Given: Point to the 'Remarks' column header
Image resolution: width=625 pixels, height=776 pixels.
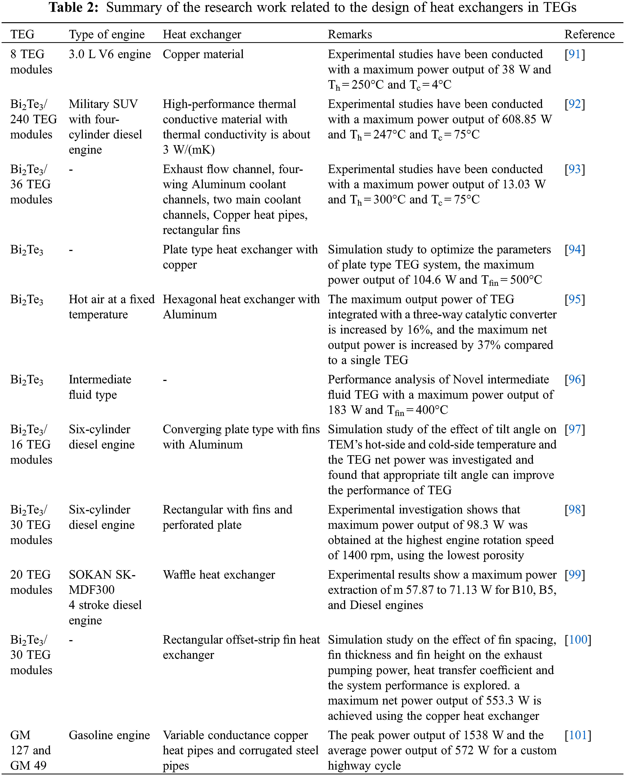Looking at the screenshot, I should tap(350, 35).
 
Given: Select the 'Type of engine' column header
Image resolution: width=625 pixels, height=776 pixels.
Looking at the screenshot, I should tap(107, 35).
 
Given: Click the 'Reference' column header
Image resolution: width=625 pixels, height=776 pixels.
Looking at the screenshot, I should tap(589, 35).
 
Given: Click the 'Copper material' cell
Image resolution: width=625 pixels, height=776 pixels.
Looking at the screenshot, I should tap(203, 54).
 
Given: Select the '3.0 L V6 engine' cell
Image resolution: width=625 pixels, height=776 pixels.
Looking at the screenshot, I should tap(110, 54).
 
